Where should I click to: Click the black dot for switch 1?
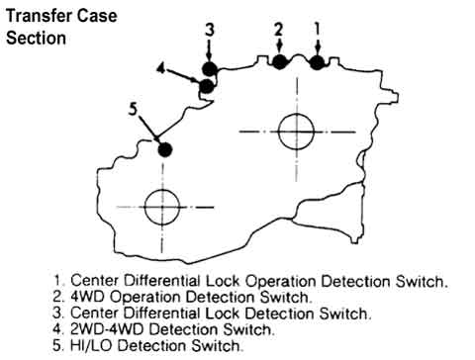317,62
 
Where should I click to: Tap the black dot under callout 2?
279,62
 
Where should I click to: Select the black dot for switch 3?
210,69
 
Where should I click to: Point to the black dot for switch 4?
207,86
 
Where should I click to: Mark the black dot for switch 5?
164,149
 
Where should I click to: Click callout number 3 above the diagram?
210,29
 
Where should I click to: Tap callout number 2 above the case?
279,29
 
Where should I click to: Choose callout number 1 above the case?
317,29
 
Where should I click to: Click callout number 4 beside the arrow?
160,68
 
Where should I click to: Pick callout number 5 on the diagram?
133,109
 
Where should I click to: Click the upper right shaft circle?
296,132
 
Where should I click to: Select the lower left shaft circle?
162,207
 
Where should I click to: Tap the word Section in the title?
36,38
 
